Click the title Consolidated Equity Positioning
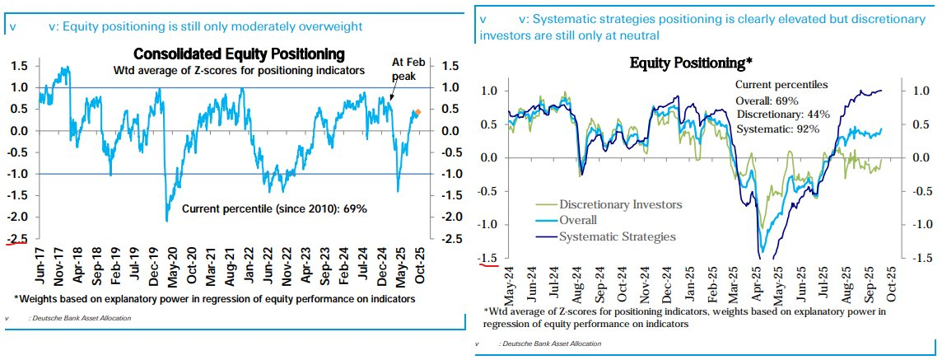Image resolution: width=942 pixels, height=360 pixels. tap(239, 55)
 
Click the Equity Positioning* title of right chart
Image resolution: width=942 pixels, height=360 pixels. tap(692, 63)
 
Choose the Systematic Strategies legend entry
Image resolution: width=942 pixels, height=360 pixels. tap(618, 236)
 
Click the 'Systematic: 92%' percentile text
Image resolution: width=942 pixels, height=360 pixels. tap(779, 128)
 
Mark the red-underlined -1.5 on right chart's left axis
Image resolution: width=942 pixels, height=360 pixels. tap(487, 258)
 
